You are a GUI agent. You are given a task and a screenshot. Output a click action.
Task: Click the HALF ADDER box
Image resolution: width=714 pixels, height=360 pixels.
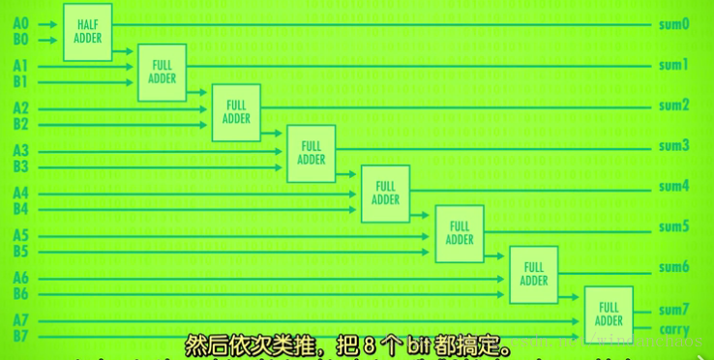coord(88,31)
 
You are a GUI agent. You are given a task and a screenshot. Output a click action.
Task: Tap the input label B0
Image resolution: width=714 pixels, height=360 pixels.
coord(20,40)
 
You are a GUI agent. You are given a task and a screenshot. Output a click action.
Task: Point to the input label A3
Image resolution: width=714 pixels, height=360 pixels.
coord(20,150)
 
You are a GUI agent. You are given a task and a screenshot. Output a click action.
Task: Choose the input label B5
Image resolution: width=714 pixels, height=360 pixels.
coord(20,252)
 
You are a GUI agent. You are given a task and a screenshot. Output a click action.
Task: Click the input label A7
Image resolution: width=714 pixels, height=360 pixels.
coord(20,319)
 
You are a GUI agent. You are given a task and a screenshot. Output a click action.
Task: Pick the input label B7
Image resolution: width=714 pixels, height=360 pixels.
coord(20,336)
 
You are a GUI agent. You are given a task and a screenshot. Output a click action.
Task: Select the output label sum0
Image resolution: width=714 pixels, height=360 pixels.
coord(672,24)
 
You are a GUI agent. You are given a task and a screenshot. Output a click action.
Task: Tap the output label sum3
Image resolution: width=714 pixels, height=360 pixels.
coord(672,146)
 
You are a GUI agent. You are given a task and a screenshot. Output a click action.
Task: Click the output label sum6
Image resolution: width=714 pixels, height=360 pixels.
coord(672,267)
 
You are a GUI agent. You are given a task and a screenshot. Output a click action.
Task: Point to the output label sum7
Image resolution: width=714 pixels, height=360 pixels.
coord(672,310)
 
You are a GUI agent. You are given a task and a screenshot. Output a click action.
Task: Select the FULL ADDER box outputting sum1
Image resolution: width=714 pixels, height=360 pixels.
coord(163,73)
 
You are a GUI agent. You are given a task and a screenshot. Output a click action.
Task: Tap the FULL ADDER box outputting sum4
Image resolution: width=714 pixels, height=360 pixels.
coord(385,194)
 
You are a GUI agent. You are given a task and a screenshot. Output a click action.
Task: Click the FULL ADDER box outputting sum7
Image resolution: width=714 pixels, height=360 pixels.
coord(609,315)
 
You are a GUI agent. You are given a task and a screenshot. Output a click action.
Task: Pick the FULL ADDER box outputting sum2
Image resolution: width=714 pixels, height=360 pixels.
coord(236,112)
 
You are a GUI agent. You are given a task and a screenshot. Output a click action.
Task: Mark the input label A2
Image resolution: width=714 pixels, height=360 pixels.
coord(20,108)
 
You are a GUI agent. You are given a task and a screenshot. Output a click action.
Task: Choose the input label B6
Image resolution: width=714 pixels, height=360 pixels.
coord(20,293)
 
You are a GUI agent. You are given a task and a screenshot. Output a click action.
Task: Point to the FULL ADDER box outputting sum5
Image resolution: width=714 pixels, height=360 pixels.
coord(460,233)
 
